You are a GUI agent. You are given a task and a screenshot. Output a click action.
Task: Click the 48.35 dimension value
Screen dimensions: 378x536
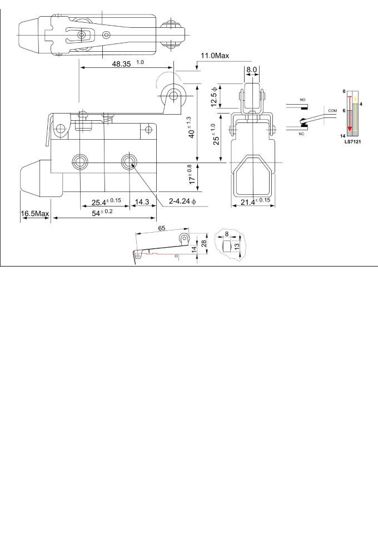point(121,64)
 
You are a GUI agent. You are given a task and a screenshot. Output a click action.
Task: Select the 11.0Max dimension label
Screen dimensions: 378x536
point(215,55)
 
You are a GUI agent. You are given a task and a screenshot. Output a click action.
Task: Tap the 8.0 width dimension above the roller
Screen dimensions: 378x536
point(252,70)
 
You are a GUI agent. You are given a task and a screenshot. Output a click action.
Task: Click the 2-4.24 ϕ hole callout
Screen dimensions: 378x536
point(182,201)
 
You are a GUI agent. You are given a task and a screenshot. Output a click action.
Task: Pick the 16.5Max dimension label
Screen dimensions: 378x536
point(35,214)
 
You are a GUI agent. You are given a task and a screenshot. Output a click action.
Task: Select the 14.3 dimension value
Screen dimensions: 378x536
point(142,201)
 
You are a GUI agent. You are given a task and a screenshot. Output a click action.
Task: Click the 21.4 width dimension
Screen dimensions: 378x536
point(255,201)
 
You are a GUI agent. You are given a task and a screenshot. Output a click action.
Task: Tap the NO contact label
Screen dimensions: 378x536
point(302,100)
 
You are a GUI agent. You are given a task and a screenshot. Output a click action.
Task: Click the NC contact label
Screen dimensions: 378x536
point(301,134)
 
